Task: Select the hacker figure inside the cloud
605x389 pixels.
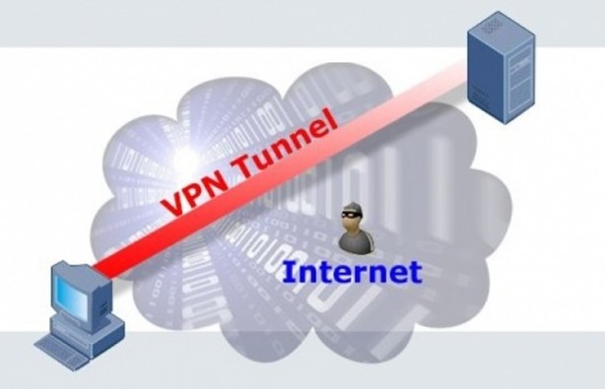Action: [350, 228]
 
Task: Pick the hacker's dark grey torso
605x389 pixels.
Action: [350, 239]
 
